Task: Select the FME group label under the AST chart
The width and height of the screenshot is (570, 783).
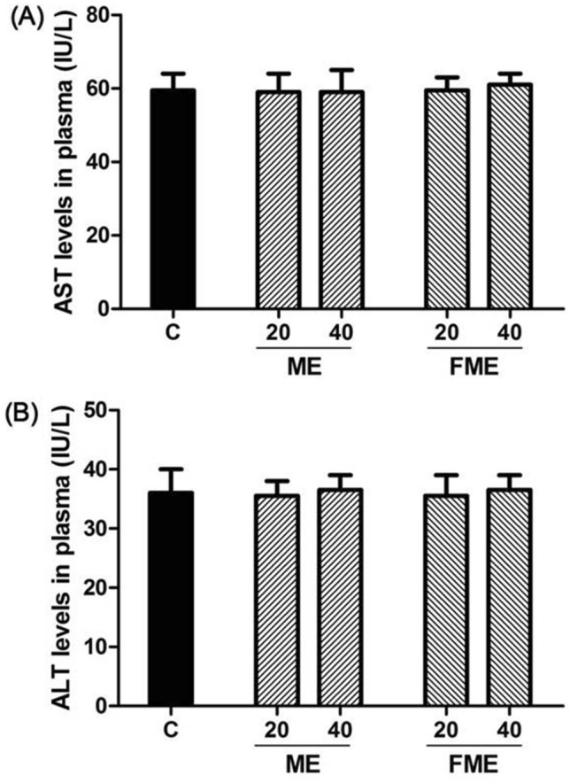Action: point(467,370)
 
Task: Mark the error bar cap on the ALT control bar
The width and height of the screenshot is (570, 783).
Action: point(172,469)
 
